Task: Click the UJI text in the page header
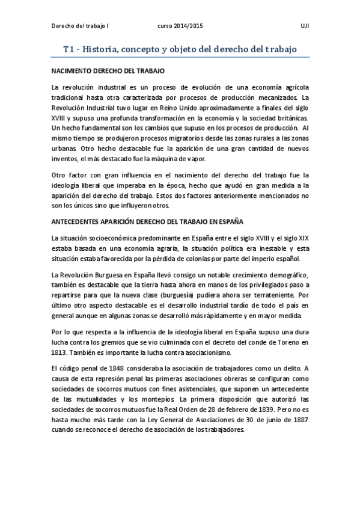coord(305,27)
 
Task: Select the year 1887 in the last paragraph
coord(298,419)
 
